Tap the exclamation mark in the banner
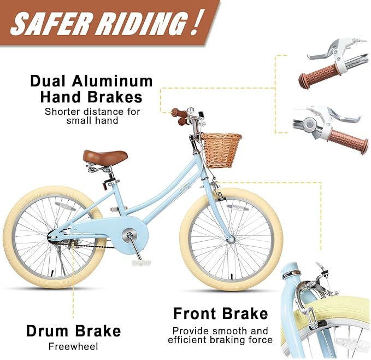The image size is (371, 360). pyautogui.click(x=194, y=23)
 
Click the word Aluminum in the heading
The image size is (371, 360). pyautogui.click(x=113, y=81)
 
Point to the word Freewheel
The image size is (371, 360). pyautogui.click(x=73, y=346)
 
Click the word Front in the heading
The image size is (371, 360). pyautogui.click(x=195, y=313)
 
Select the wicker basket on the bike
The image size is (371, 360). pyautogui.click(x=222, y=150)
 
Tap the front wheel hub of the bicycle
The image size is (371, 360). pyautogui.click(x=230, y=240)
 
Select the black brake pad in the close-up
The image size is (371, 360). pyautogui.click(x=323, y=323)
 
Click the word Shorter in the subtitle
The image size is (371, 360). pyautogui.click(x=62, y=112)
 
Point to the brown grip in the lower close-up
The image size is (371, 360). pyautogui.click(x=349, y=141)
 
